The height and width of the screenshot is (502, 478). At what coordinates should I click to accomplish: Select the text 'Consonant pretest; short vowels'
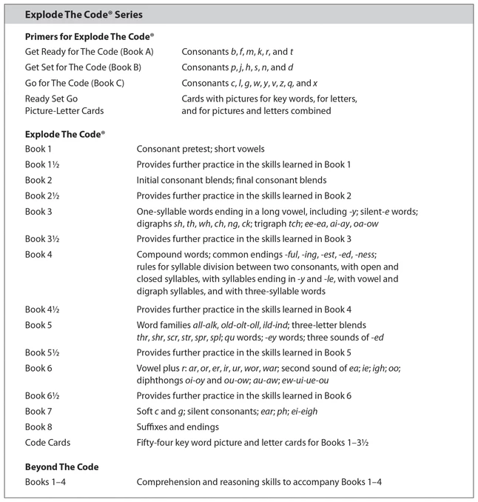coord(201,149)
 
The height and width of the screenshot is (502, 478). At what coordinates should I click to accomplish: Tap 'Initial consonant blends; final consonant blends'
coord(232,180)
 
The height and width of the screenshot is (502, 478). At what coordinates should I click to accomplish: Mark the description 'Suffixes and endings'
coord(178,427)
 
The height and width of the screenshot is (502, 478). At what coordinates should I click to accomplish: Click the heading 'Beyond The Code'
coord(61,467)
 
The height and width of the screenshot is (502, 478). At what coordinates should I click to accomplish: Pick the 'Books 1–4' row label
coord(44,483)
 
